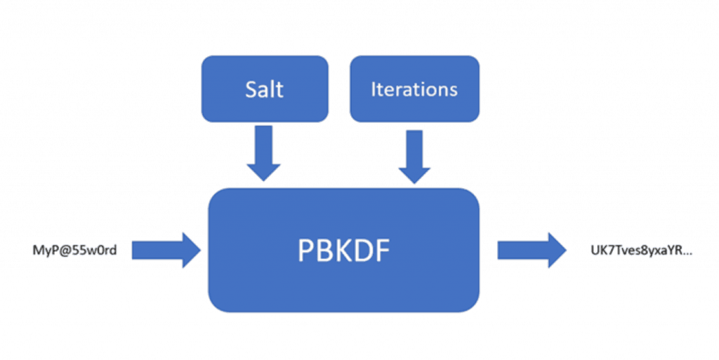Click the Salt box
[x=265, y=89]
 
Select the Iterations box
[x=414, y=89]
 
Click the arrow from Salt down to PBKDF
[x=263, y=154]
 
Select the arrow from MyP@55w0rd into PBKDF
[x=166, y=250]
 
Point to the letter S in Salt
[x=251, y=90]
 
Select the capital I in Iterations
[x=373, y=89]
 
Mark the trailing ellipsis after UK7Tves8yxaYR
[x=687, y=252]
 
